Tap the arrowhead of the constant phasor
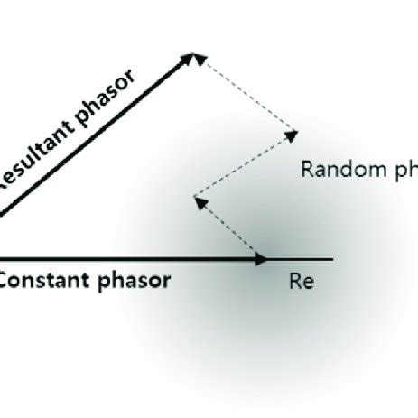coord(261,259)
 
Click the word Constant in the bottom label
coord(42,280)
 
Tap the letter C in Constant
coord(5,280)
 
